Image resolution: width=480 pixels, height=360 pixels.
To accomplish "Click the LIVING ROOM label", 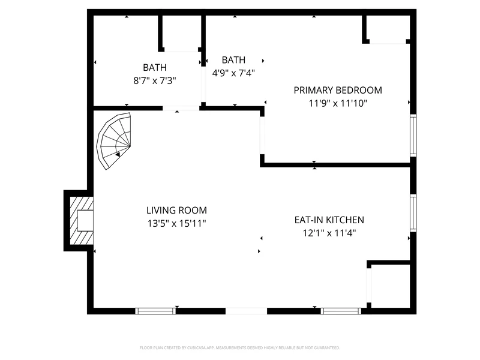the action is [176, 211].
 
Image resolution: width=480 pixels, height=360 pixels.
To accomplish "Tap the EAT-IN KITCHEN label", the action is [329, 220].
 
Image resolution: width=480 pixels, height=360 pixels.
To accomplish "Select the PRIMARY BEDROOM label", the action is [338, 90].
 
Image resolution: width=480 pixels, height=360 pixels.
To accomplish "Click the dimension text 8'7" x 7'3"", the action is [155, 80].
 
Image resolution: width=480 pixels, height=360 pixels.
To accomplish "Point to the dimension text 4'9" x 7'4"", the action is [233, 73].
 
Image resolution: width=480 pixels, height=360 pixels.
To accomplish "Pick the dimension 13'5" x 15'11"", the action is [176, 223].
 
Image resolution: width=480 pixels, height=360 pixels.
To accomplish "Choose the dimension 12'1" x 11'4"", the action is [329, 233].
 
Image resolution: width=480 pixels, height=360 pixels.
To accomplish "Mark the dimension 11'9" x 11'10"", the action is [338, 103].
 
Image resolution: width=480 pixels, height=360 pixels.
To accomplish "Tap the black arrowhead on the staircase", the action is [118, 155].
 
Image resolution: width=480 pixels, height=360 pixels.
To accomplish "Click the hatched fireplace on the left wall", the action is [82, 220].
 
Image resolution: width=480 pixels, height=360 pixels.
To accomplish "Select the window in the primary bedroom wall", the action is [413, 136].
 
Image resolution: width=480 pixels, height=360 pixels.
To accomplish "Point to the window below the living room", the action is [155, 311].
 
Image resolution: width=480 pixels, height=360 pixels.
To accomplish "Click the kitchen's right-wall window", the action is [413, 213].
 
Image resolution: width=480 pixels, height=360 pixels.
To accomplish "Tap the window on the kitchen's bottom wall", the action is [341, 311].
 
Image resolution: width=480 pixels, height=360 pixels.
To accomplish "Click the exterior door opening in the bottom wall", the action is [246, 311].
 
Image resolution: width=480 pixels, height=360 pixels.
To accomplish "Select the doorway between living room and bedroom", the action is [262, 136].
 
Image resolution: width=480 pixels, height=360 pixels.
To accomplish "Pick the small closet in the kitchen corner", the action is [389, 286].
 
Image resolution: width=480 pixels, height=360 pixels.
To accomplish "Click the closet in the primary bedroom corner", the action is [387, 28].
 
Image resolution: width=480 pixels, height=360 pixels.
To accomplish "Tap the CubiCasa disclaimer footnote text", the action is [239, 348].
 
